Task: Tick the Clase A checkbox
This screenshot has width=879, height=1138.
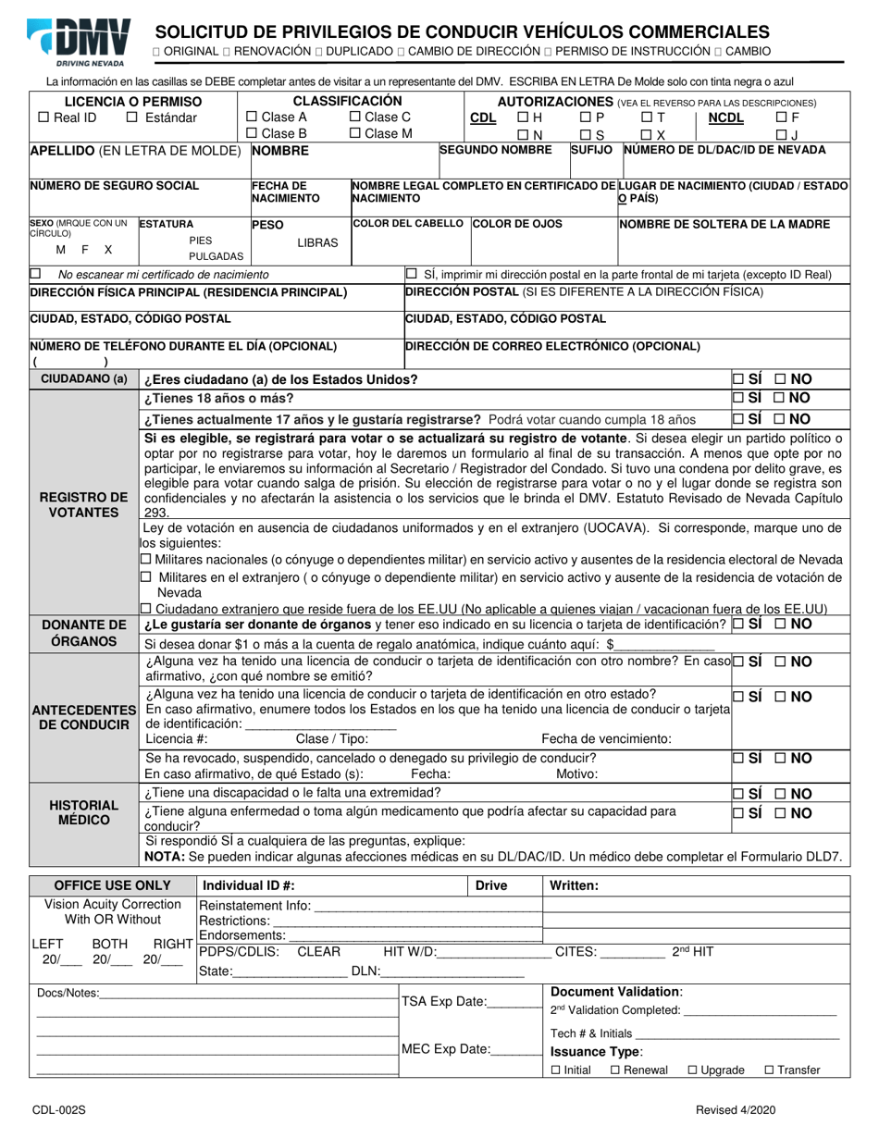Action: [253, 118]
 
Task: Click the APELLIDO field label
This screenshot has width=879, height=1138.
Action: [136, 150]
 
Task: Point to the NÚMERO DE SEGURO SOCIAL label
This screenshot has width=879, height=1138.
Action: [115, 186]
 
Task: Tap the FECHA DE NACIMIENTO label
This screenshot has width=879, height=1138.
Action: [286, 192]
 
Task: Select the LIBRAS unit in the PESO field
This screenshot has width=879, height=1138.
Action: [317, 242]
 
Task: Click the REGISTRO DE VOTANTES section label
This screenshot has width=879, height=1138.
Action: [83, 504]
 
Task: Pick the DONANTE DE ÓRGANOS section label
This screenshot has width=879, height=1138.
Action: [83, 633]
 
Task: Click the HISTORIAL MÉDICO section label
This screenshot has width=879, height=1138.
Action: [83, 812]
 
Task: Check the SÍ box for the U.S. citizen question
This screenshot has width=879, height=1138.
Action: [737, 379]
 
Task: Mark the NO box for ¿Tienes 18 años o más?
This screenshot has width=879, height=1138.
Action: [780, 398]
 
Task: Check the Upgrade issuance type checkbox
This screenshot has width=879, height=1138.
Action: [693, 1070]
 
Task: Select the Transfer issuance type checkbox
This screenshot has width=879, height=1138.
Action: [770, 1070]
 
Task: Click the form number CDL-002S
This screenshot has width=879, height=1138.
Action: [52, 1110]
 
